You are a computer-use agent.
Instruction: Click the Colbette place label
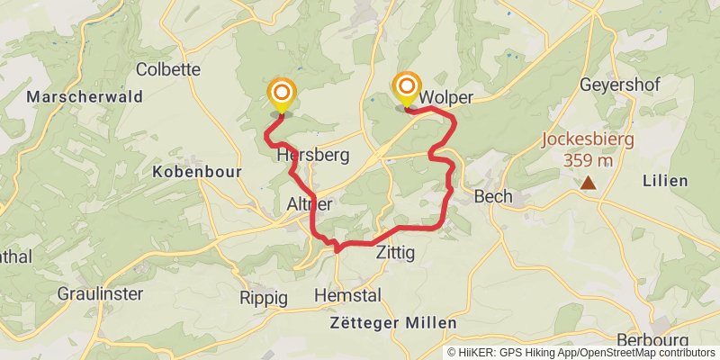tap(168, 68)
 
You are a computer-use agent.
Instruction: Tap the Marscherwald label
tap(73, 95)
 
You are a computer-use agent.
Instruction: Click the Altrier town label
tap(310, 205)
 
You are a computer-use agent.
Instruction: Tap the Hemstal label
tap(347, 295)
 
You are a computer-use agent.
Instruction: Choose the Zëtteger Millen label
tap(392, 322)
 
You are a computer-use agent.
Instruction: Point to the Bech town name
tap(493, 196)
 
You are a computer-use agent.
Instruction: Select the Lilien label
tap(665, 180)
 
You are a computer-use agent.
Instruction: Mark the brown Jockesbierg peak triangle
tap(588, 184)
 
